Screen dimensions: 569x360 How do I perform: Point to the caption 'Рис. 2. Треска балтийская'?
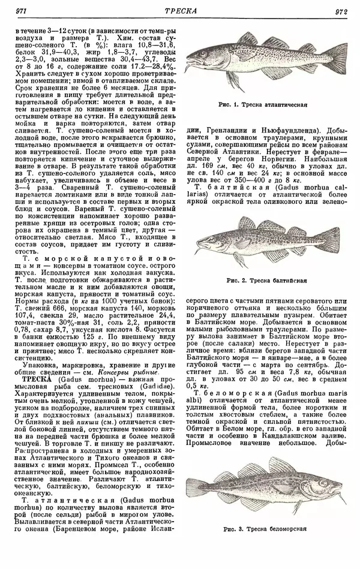pyautogui.click(x=267, y=280)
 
